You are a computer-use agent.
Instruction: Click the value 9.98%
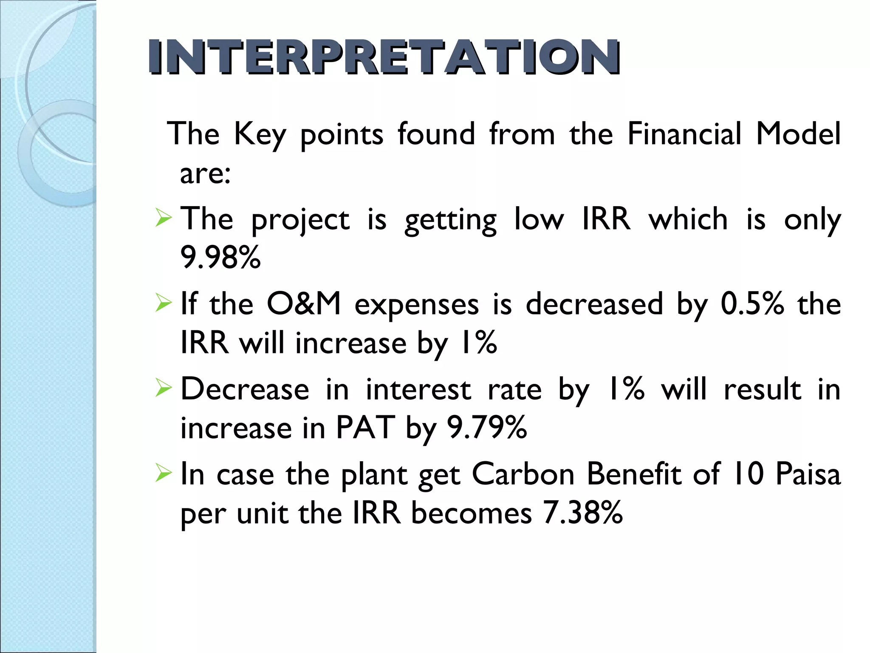click(220, 258)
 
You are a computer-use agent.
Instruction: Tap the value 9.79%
click(487, 428)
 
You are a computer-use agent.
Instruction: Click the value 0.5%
click(752, 304)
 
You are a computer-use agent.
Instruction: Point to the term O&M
click(303, 304)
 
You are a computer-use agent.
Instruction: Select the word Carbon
click(523, 474)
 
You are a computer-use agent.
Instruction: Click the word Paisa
click(808, 474)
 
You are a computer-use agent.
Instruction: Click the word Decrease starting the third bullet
click(245, 389)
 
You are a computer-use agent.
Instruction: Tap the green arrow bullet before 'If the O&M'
click(164, 303)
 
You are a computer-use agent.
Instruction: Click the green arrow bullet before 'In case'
click(164, 473)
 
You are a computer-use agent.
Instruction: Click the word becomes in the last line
click(471, 513)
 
